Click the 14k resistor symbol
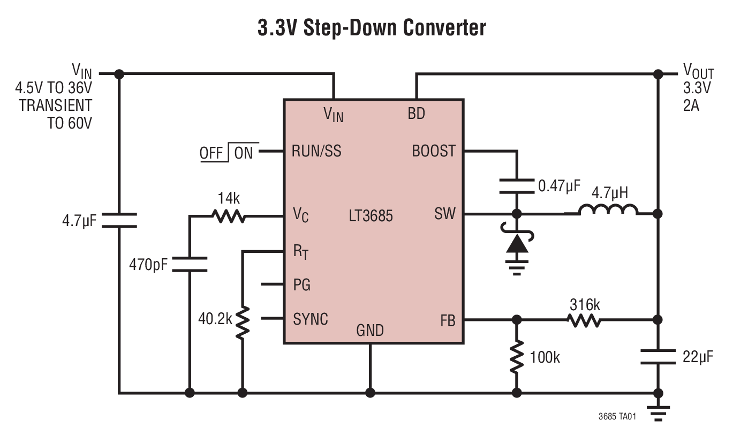pyautogui.click(x=229, y=216)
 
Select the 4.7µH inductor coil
pyautogui.click(x=608, y=209)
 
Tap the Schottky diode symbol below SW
pyautogui.click(x=517, y=244)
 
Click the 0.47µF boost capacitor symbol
pyautogui.click(x=517, y=186)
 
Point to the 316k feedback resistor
pyautogui.click(x=584, y=320)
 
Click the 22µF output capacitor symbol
pyautogui.click(x=658, y=356)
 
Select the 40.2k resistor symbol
pyautogui.click(x=243, y=322)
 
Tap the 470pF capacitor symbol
pyautogui.click(x=190, y=264)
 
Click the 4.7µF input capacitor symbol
pyautogui.click(x=119, y=220)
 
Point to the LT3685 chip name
pyautogui.click(x=371, y=216)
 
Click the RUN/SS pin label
pyautogui.click(x=316, y=152)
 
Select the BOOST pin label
pyautogui.click(x=433, y=152)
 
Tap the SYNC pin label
pyautogui.click(x=311, y=319)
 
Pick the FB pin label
pyautogui.click(x=448, y=320)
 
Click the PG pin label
pyautogui.click(x=301, y=285)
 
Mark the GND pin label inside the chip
pyautogui.click(x=370, y=331)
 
